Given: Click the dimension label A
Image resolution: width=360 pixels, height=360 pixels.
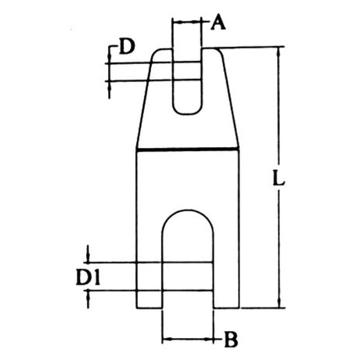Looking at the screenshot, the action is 218,22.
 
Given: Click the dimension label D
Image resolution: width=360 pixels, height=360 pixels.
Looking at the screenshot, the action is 127,46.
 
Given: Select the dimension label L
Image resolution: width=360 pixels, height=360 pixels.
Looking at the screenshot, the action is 279,178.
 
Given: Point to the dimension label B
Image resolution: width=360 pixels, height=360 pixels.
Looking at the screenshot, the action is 231,340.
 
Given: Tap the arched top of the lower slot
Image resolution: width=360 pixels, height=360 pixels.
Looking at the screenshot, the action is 188,211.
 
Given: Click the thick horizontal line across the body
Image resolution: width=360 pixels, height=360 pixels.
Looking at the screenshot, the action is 188,149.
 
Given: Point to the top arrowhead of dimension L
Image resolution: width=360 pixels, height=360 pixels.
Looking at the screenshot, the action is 279,52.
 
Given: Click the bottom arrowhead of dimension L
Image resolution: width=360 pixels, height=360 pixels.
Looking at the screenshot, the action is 279,304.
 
